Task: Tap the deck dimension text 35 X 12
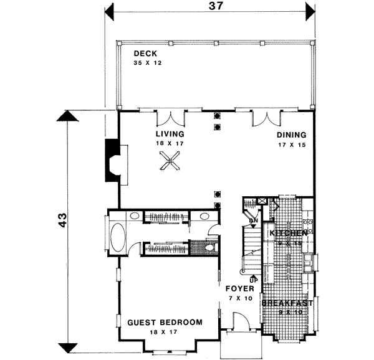(x=146, y=64)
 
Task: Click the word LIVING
(x=170, y=134)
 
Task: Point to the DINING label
(x=291, y=135)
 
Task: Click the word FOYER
(x=239, y=290)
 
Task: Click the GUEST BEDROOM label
(x=165, y=322)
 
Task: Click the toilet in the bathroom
(x=211, y=248)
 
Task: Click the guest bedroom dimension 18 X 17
(x=165, y=333)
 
